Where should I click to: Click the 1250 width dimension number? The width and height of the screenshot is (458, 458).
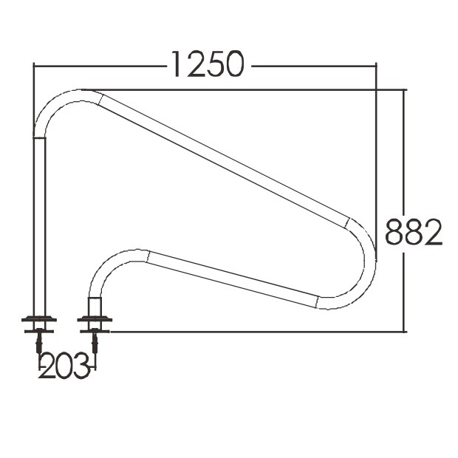[x=208, y=64]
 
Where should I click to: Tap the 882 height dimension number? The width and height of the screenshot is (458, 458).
[x=414, y=232]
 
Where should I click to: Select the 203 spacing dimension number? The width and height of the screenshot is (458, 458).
[x=64, y=365]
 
